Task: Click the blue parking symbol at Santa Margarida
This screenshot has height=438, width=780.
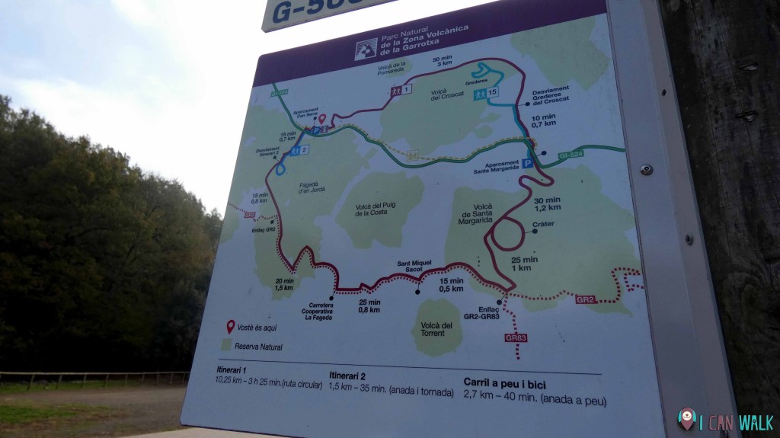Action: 526,163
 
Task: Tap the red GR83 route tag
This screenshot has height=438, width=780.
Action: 516,337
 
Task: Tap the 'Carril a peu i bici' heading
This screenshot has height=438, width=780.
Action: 504,384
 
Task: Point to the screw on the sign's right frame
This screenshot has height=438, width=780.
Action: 646,169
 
